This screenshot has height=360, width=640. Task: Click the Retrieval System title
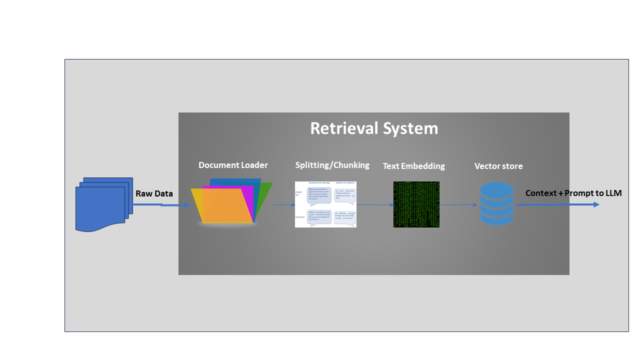pos(374,128)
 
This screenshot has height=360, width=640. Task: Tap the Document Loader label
pos(233,165)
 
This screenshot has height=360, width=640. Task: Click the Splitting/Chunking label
pos(332,165)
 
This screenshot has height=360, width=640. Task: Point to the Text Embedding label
pos(413,166)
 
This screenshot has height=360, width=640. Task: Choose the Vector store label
pos(498,166)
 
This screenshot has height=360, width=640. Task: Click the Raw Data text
pos(154,193)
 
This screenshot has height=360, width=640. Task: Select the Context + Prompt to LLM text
pos(573,193)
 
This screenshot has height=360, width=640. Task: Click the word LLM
pos(613,193)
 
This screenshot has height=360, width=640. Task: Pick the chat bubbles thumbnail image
pos(325,204)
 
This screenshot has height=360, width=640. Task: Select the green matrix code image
pos(416,204)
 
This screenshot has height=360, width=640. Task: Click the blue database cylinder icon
pos(496,203)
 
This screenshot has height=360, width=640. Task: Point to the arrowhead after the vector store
pos(596,204)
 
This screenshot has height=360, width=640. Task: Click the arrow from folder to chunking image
pos(284,205)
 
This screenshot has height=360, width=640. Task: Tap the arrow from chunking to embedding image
pos(375,204)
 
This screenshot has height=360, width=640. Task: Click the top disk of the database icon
pos(496,189)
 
